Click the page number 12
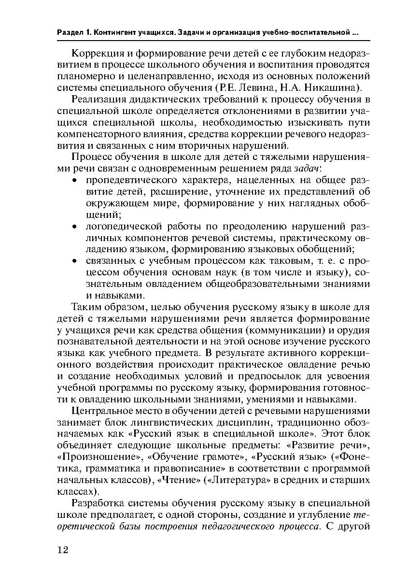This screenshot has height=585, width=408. (62, 550)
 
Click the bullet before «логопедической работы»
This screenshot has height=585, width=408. (75, 227)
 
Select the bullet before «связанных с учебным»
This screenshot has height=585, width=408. (75, 261)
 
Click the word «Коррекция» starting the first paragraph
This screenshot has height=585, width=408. (98, 53)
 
